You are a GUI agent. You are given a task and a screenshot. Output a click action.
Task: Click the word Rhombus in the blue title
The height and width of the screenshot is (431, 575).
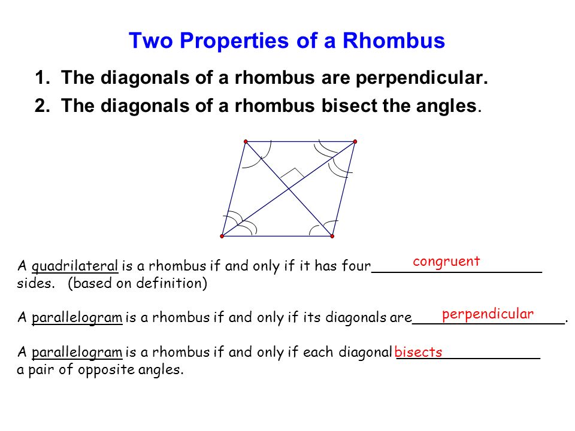coord(394,40)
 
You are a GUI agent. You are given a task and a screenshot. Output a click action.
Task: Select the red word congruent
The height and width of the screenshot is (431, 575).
coord(446,262)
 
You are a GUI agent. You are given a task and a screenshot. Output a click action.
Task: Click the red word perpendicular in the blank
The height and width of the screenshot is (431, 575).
coord(488,314)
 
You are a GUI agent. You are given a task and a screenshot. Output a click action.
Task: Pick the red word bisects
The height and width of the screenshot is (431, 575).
coord(419,352)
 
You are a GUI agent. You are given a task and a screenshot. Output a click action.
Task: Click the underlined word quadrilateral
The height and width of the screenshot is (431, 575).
coord(75,266)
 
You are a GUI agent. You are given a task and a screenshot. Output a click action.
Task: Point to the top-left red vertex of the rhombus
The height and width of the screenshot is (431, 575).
coord(246,141)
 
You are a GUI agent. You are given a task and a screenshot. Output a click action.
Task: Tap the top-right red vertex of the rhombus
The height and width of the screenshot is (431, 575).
coord(355,141)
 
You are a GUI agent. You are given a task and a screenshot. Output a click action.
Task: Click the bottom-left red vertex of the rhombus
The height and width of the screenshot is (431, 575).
coord(222,236)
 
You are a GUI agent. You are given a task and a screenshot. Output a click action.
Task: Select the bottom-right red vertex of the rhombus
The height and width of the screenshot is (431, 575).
coord(332,236)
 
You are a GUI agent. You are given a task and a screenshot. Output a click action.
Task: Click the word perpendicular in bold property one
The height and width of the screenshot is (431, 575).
coord(422,78)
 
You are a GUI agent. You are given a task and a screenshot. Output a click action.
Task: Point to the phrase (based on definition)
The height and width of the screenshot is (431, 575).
coord(138,283)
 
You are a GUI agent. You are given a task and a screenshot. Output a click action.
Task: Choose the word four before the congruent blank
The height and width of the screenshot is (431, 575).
coord(356,266)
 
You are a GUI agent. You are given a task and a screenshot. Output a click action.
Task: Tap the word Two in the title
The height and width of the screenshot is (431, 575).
coord(151,40)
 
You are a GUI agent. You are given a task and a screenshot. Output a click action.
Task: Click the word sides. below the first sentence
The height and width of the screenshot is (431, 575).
coord(35,283)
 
